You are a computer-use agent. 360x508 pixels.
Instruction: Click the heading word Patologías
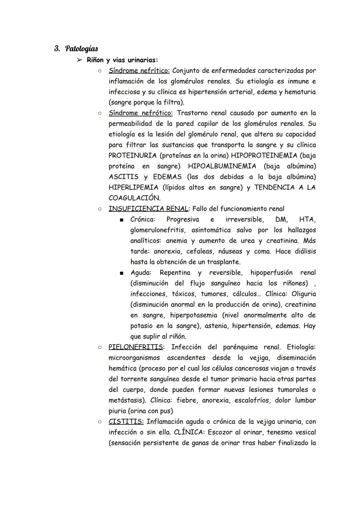tap(81, 49)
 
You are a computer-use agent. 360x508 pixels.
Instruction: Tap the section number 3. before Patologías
tap(57, 49)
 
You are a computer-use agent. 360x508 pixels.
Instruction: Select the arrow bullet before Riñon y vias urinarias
tap(79, 60)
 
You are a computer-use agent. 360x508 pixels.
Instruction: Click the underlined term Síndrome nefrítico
tap(139, 71)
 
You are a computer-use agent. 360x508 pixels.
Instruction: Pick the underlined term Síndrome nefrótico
tap(140, 113)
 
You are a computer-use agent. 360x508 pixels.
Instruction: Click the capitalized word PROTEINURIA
tap(132, 156)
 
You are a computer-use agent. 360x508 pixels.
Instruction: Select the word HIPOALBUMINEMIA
tap(222, 166)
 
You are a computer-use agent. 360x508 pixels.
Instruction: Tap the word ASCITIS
tap(123, 177)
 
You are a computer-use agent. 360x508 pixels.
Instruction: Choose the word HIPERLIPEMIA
tap(133, 188)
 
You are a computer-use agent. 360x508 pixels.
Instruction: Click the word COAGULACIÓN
tap(134, 198)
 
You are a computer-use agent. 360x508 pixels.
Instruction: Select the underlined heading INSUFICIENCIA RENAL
tap(148, 209)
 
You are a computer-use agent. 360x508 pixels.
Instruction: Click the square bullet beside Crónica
tap(122, 220)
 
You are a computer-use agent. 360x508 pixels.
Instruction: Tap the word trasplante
tap(223, 262)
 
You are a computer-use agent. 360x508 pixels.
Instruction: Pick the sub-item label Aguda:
tap(141, 272)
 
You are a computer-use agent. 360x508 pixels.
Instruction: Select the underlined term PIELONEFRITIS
tap(136, 347)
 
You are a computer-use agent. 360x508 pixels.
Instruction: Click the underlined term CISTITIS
tap(126, 421)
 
